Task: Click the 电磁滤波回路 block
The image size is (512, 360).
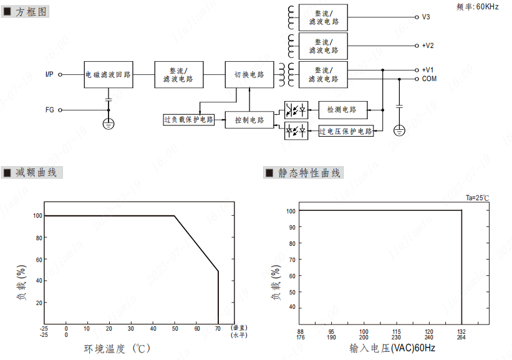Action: (109, 75)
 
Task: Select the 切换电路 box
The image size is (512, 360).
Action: (249, 75)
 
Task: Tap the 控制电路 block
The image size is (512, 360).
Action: (249, 120)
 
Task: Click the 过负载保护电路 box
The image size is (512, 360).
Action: (188, 119)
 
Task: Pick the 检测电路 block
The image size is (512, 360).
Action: (343, 110)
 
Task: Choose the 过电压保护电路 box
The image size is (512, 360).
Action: (346, 131)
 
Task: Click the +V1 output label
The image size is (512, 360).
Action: (428, 70)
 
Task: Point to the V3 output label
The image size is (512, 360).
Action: (426, 17)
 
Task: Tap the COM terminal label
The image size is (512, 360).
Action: (429, 79)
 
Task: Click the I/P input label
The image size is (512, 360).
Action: (49, 75)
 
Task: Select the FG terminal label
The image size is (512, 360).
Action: (50, 110)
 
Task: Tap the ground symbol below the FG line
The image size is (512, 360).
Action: (109, 124)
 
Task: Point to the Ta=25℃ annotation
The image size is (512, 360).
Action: (477, 198)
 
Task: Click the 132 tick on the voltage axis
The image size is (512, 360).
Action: (461, 332)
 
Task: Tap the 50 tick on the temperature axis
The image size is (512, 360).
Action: (175, 328)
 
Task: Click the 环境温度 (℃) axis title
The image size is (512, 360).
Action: (118, 348)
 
